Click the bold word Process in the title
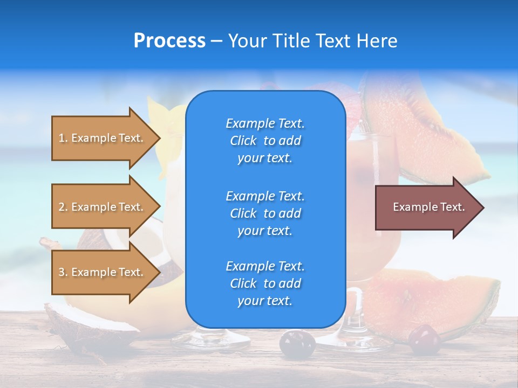[x=169, y=41]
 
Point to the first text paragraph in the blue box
[x=265, y=141]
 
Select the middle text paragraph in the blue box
[x=265, y=213]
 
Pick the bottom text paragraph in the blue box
[x=265, y=283]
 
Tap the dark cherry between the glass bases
[x=297, y=343]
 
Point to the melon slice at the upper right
[x=426, y=129]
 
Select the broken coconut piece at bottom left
[x=86, y=323]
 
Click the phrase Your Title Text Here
[x=312, y=41]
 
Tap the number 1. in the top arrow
[x=63, y=138]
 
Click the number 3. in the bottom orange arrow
[x=63, y=272]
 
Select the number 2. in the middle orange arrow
[x=63, y=207]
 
